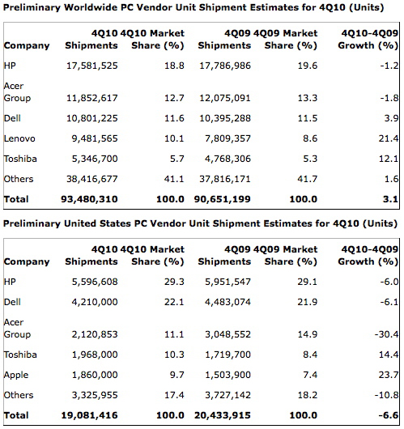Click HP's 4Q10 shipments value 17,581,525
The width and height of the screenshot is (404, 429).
pyautogui.click(x=92, y=66)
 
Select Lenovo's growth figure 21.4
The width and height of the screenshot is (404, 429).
pyautogui.click(x=389, y=138)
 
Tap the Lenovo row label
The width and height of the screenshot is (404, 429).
pyautogui.click(x=19, y=138)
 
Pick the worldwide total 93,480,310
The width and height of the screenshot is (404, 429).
pyautogui.click(x=89, y=199)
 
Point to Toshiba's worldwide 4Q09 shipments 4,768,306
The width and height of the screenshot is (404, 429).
pyautogui.click(x=228, y=159)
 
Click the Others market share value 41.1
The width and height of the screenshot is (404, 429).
pyautogui.click(x=174, y=179)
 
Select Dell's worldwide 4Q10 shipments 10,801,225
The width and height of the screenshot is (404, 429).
pyautogui.click(x=92, y=118)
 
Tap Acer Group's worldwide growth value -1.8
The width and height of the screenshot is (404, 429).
pyautogui.click(x=389, y=98)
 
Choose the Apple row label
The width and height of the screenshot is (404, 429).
pyautogui.click(x=16, y=376)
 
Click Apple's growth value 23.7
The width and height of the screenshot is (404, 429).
pyautogui.click(x=389, y=375)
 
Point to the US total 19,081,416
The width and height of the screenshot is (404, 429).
pyautogui.click(x=89, y=415)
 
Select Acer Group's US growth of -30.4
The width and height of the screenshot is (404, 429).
pyautogui.click(x=386, y=334)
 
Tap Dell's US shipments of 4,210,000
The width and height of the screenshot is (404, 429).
pyautogui.click(x=95, y=302)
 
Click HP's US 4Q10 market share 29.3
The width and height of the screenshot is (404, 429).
pyautogui.click(x=174, y=282)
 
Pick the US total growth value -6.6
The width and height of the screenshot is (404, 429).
pyautogui.click(x=389, y=415)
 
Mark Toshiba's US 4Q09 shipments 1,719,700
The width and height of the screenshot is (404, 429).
pyautogui.click(x=228, y=355)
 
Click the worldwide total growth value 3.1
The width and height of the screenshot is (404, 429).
pyautogui.click(x=390, y=199)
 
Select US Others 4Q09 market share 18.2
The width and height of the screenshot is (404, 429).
pyautogui.click(x=308, y=395)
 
